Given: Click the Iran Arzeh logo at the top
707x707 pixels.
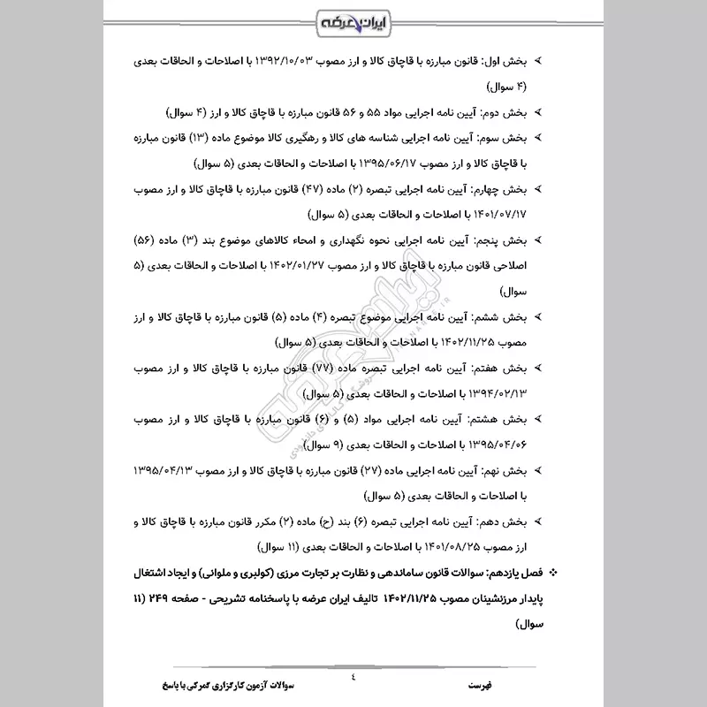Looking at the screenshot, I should coord(353,19).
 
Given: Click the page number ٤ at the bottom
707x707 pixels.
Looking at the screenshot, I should coord(353,677).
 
